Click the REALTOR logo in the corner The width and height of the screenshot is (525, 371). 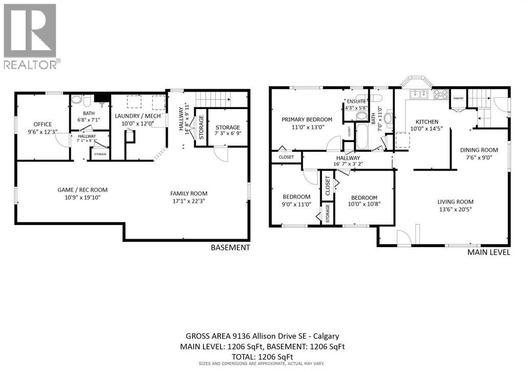click(30, 36)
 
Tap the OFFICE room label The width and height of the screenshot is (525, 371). click(43, 124)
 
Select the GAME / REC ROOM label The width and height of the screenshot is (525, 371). click(83, 190)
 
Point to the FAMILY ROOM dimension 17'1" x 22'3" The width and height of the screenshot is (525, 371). click(189, 201)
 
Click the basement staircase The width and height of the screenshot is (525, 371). click(211, 98)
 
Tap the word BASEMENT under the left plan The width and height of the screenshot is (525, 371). click(230, 248)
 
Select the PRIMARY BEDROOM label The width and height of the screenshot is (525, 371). click(307, 119)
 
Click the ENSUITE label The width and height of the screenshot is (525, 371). click(355, 101)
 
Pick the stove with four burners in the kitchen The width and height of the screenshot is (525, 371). click(440, 94)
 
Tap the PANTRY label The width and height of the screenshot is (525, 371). click(458, 99)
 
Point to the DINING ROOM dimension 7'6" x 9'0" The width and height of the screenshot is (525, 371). click(478, 158)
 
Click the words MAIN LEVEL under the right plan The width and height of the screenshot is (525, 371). click(489, 252)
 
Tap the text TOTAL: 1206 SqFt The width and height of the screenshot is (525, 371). click(262, 356)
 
